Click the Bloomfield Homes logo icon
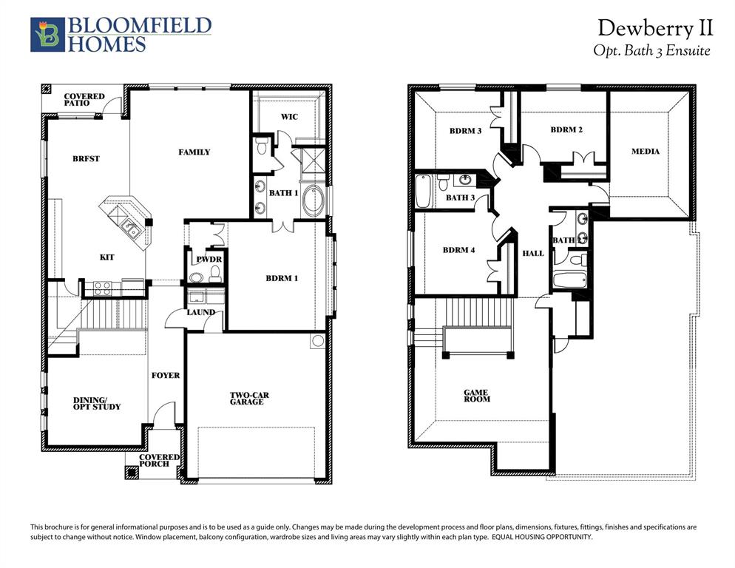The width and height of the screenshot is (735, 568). tap(47, 35)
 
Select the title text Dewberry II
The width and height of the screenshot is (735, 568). tap(655, 28)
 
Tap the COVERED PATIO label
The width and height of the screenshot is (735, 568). tap(84, 100)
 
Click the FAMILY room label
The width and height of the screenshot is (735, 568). tap(194, 152)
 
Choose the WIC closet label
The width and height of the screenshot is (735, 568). tap(289, 117)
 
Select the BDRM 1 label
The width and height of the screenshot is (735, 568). tap(282, 279)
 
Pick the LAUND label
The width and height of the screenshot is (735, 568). tap(200, 312)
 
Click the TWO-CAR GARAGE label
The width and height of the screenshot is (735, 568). tap(249, 399)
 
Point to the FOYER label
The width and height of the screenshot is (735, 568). tap(166, 376)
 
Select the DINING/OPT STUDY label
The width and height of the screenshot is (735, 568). tap(97, 403)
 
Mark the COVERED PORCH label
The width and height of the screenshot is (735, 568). tap(160, 460)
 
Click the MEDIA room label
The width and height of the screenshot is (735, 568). tap(646, 152)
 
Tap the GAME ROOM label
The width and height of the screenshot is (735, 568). tap(477, 396)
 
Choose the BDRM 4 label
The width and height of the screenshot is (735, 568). tap(458, 250)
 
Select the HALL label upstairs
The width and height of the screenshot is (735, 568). tap(533, 253)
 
